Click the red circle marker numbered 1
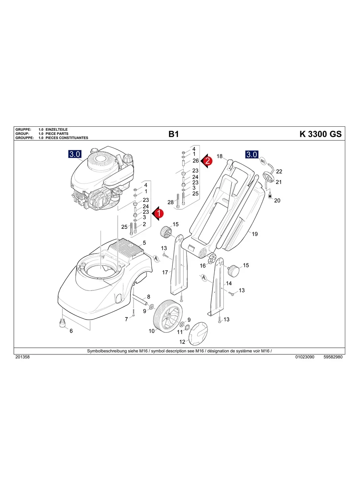coord(159,213)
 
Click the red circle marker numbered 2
coord(208,161)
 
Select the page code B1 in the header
coord(174,134)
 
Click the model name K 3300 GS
coord(320,134)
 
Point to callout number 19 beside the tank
coord(255,234)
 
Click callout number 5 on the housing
coord(144,242)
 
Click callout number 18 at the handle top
coord(219,156)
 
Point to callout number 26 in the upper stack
coord(195,161)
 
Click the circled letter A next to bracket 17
coord(156,259)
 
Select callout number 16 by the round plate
coord(203,266)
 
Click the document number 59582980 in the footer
coord(333,357)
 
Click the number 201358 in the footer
coord(22,357)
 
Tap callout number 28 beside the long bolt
coord(170,202)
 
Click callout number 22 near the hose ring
coord(279,172)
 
